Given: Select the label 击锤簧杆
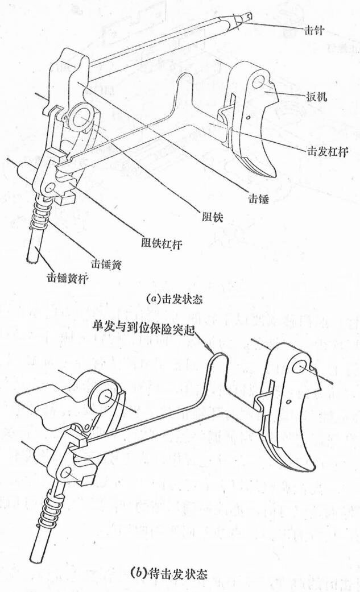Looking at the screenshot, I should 69,280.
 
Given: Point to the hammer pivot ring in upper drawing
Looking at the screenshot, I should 83,117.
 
